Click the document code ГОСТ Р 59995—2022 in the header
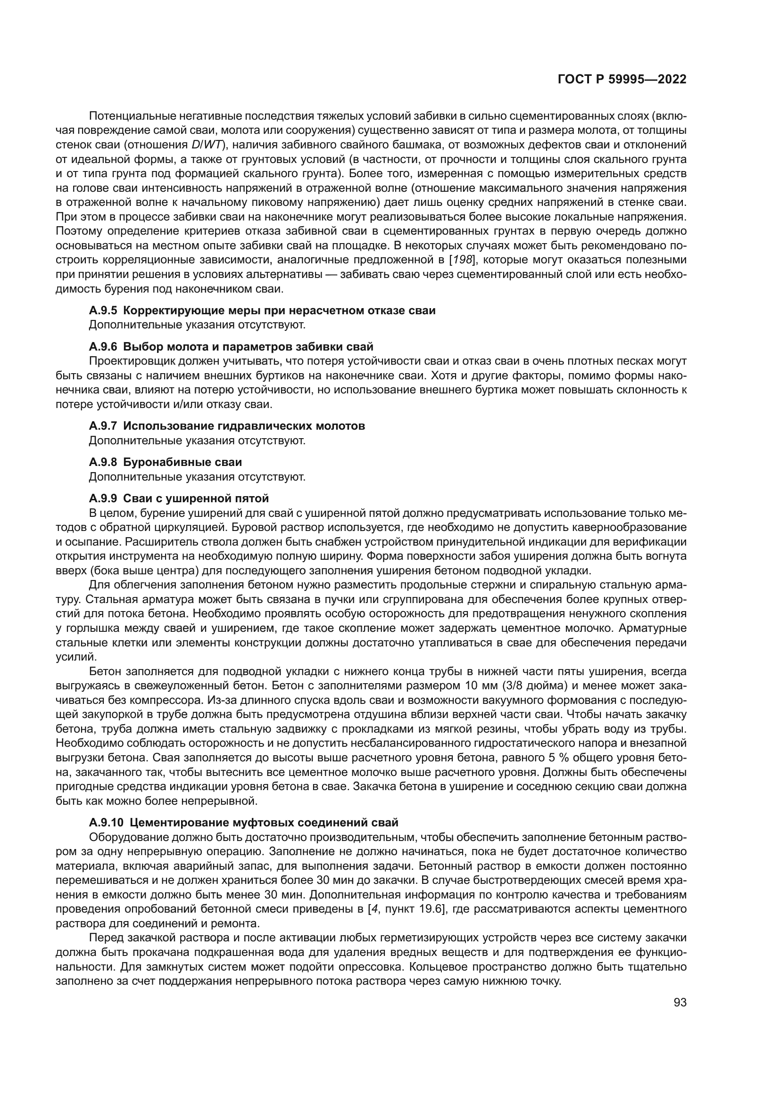622,80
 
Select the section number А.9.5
103,310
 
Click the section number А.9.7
103,426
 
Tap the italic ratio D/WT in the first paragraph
201,145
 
